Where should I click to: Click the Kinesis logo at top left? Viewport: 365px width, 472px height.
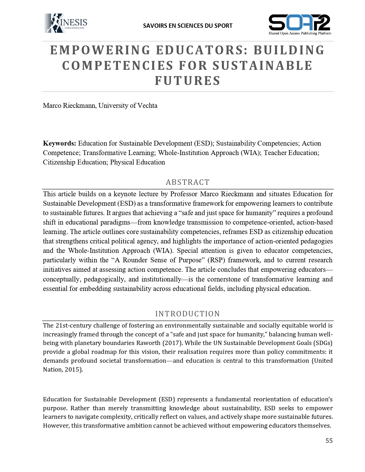[x=66, y=23]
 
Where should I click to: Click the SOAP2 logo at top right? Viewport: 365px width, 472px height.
[x=299, y=25]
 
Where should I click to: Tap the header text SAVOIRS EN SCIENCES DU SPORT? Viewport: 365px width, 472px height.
[x=188, y=26]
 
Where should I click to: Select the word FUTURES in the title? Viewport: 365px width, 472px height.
[x=188, y=81]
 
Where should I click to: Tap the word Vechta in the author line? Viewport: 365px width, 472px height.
[x=147, y=106]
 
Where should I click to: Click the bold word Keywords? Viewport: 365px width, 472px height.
[x=60, y=143]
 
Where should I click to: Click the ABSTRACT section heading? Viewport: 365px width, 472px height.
[x=188, y=182]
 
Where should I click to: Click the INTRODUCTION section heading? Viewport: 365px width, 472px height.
[x=188, y=314]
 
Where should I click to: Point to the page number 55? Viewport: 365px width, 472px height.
[x=329, y=441]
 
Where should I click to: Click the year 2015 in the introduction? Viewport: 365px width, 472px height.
[x=73, y=370]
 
